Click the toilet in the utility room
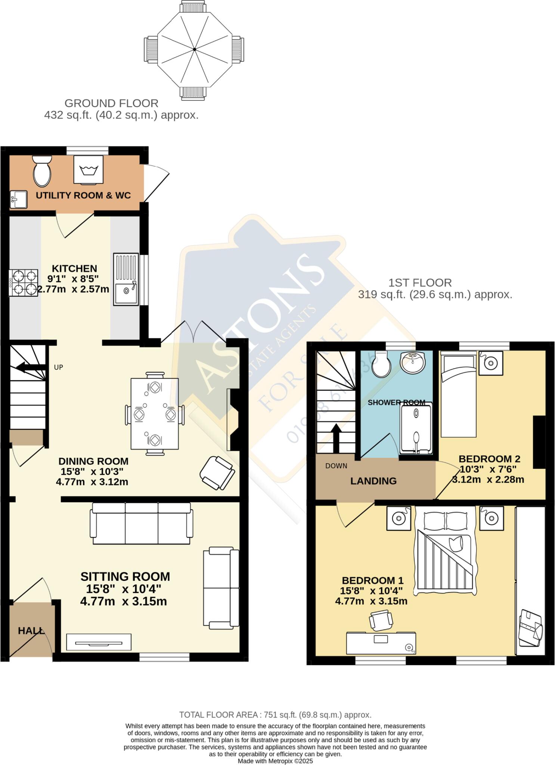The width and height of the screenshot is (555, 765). pyautogui.click(x=42, y=171)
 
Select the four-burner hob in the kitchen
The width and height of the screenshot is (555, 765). pyautogui.click(x=23, y=283)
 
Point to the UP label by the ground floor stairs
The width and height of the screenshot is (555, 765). pyautogui.click(x=58, y=367)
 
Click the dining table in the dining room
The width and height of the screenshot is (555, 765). pyautogui.click(x=155, y=414)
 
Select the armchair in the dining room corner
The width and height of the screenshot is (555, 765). pyautogui.click(x=217, y=473)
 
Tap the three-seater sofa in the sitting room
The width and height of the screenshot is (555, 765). pyautogui.click(x=142, y=523)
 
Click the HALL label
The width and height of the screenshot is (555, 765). pyautogui.click(x=31, y=631)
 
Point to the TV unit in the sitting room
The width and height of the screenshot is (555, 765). pyautogui.click(x=99, y=642)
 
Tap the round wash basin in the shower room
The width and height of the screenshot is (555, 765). pyautogui.click(x=412, y=361)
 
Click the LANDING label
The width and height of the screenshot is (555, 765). pyautogui.click(x=373, y=481)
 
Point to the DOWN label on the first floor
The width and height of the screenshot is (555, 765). pyautogui.click(x=336, y=466)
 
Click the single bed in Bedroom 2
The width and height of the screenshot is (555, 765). pyautogui.click(x=458, y=396)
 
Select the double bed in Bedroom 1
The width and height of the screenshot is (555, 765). pyautogui.click(x=445, y=551)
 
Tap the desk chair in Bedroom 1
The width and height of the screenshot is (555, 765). pyautogui.click(x=381, y=620)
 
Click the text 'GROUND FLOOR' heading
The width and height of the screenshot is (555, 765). pyautogui.click(x=111, y=103)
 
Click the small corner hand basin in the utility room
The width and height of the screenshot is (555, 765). pyautogui.click(x=18, y=199)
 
